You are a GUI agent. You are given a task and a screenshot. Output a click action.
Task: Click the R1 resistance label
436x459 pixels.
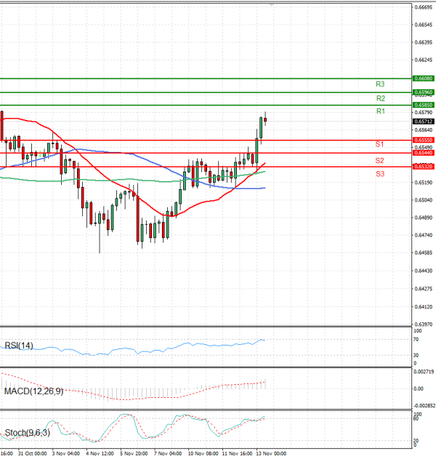(380, 111)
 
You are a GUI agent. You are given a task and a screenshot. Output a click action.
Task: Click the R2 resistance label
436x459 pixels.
(380, 98)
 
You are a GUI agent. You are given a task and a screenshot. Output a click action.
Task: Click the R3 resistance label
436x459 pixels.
(380, 84)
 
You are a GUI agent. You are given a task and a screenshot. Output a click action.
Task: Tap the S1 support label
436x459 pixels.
(379, 145)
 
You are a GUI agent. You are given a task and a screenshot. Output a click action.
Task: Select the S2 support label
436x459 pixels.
(379, 160)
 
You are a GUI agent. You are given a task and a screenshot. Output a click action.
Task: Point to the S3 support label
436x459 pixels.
(379, 174)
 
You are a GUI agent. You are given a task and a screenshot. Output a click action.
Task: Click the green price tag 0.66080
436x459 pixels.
(424, 78)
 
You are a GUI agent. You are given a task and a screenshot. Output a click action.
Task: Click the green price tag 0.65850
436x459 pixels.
(424, 105)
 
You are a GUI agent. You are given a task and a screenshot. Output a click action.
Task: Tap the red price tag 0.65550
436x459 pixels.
(424, 140)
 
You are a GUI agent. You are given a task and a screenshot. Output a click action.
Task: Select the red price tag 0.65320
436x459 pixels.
(424, 167)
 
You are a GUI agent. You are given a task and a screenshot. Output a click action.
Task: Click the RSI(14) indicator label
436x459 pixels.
(19, 346)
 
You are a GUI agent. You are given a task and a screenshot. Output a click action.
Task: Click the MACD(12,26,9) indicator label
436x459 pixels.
(33, 391)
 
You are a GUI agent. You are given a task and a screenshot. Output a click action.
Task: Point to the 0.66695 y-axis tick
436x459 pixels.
(424, 7)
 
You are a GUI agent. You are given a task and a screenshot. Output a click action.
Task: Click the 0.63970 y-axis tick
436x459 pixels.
(424, 324)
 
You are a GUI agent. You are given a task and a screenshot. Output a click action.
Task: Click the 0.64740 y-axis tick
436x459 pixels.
(424, 235)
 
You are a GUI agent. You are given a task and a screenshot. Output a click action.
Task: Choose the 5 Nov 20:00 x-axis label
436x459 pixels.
(134, 452)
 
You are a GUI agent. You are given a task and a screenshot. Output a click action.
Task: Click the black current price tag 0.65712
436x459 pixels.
(424, 121)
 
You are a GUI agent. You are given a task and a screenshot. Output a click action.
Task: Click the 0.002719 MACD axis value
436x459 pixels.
(424, 372)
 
